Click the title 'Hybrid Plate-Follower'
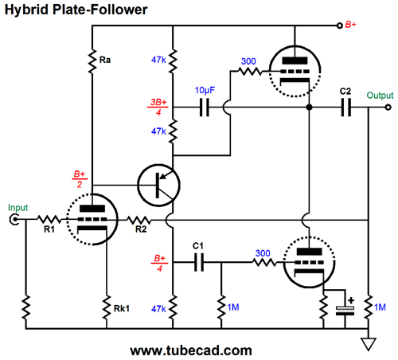76,10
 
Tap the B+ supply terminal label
350,25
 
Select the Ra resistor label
105,60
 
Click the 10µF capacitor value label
205,90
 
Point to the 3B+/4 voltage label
158,107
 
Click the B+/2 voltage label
80,179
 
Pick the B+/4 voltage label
159,263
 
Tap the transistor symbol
158,185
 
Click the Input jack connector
14,220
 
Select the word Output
380,96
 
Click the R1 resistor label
49,229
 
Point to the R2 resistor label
141,229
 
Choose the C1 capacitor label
198,246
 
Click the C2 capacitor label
345,92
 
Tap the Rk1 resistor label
122,308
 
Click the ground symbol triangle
369,344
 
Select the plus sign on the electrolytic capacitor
351,300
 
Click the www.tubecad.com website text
191,350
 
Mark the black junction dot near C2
309,108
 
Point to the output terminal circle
388,108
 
